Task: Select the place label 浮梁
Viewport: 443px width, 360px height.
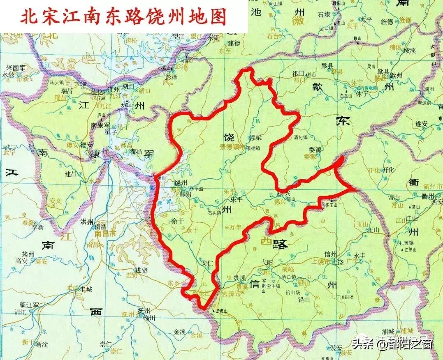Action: click(x=256, y=138)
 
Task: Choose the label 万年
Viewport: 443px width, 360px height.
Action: click(x=236, y=227)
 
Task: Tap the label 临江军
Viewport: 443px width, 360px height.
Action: click(x=29, y=305)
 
